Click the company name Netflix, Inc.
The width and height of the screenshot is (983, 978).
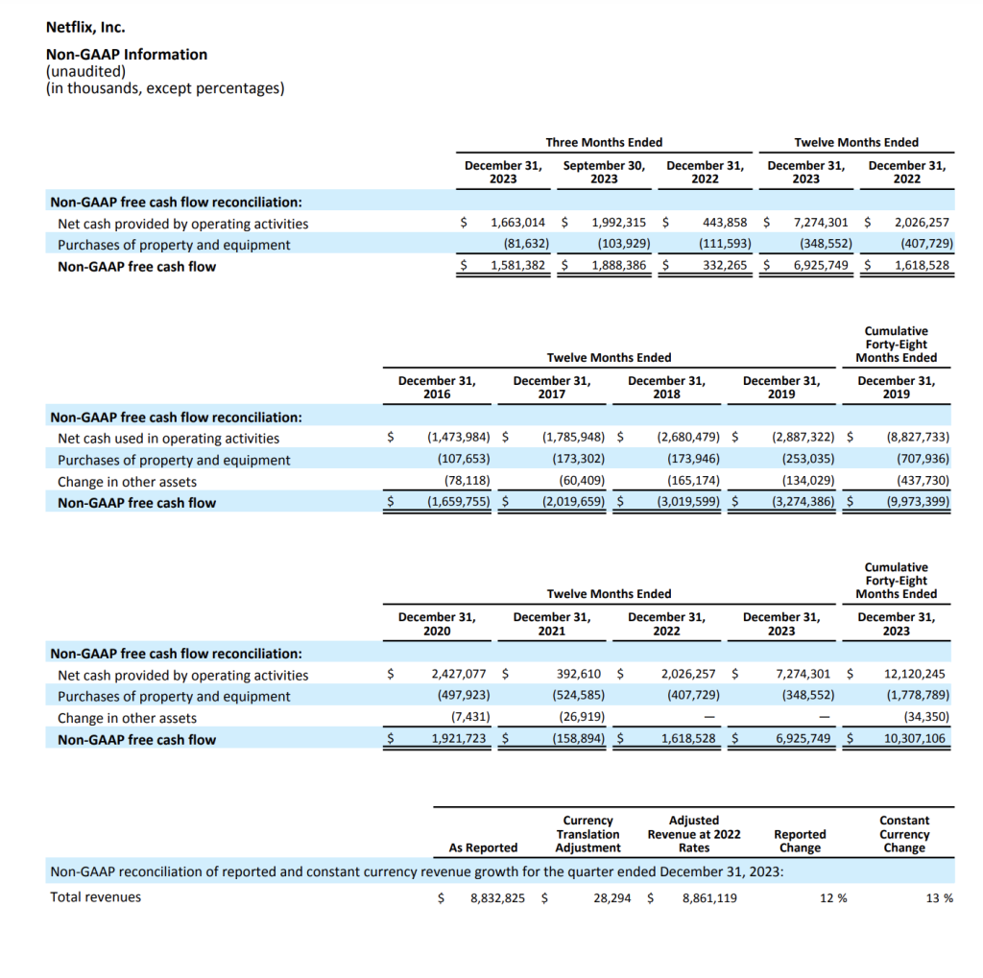(85, 28)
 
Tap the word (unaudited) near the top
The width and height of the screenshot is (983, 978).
(85, 71)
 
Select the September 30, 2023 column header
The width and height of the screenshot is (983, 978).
(604, 172)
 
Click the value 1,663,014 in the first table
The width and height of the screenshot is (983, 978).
(517, 223)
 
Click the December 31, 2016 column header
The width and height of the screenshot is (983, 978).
(437, 387)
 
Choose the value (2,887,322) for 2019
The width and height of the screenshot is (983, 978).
(803, 438)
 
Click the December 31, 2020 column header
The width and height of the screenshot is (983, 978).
(437, 623)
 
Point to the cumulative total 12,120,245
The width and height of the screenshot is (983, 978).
(914, 674)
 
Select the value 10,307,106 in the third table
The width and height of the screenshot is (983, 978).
(914, 739)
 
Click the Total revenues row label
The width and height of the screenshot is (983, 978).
(95, 897)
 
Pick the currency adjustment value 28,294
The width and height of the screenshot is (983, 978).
(611, 898)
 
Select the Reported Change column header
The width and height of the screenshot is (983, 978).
(800, 841)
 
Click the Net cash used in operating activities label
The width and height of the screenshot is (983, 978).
(168, 439)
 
